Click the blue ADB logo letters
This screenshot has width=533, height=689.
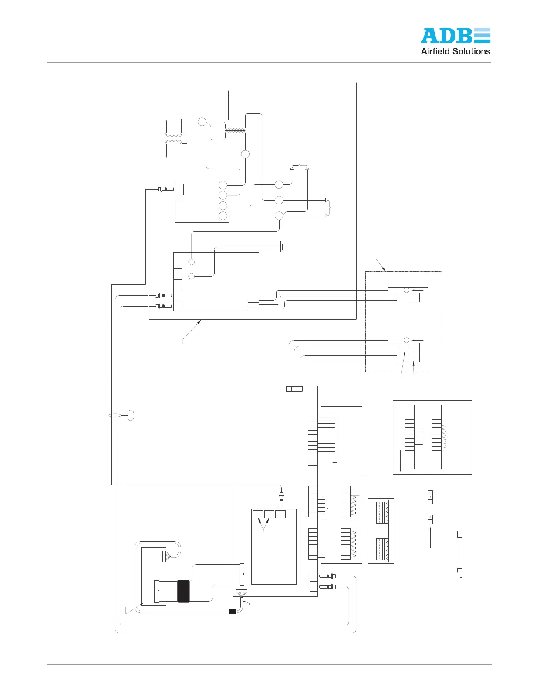(455, 36)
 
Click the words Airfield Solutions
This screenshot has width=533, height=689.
(455, 51)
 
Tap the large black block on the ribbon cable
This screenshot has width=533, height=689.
(183, 591)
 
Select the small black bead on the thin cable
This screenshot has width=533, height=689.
(233, 612)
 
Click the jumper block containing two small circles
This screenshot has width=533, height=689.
(431, 497)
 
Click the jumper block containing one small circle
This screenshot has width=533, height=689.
(431, 519)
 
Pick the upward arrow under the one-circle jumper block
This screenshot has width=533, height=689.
(431, 537)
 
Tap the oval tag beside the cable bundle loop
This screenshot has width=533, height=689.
(131, 415)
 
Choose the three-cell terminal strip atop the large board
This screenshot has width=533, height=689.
(294, 389)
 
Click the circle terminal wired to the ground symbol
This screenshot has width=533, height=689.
(192, 276)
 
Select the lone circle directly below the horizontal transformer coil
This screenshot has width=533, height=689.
(245, 154)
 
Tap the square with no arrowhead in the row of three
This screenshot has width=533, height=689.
(280, 514)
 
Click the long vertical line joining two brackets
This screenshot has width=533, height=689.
(459, 553)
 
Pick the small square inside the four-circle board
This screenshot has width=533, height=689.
(179, 189)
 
